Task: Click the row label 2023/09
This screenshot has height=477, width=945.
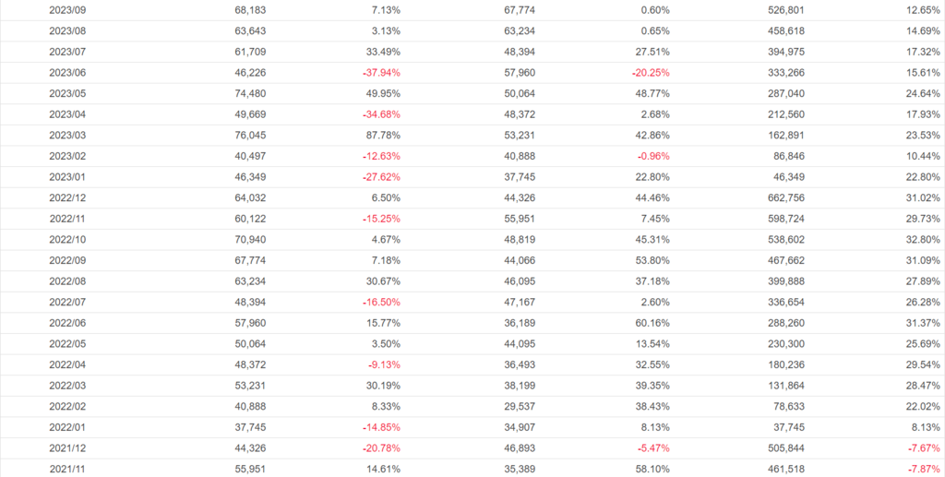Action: (x=67, y=9)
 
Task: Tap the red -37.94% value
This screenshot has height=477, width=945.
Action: (x=380, y=72)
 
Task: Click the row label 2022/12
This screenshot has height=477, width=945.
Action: (x=67, y=197)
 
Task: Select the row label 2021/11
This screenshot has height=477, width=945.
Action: (x=67, y=469)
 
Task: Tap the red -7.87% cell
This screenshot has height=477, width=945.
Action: (x=923, y=469)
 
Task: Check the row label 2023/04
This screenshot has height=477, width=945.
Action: (x=67, y=113)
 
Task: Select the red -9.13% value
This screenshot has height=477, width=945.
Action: (x=384, y=364)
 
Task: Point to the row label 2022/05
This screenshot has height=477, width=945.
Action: (x=67, y=343)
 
